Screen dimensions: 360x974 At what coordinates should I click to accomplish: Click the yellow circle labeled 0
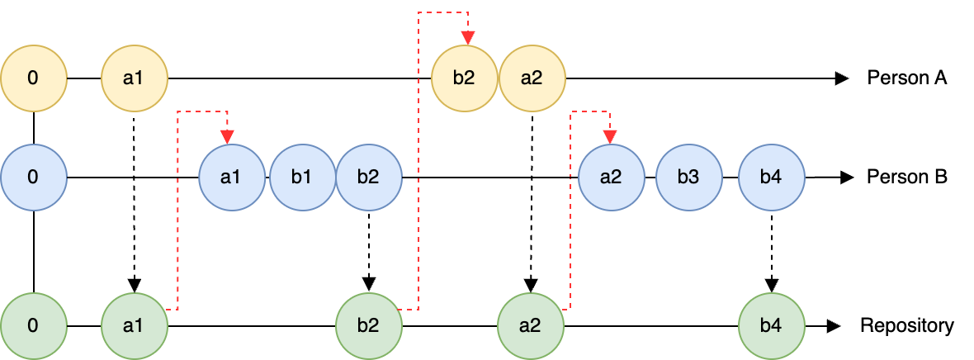(x=33, y=78)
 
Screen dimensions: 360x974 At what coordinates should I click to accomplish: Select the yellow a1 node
(x=134, y=78)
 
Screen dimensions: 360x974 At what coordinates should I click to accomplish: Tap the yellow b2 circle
(x=465, y=78)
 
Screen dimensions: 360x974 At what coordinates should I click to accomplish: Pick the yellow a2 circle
(x=532, y=78)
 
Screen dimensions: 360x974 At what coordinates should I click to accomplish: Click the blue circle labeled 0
(x=33, y=178)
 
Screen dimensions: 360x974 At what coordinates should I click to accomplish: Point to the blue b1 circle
(x=302, y=178)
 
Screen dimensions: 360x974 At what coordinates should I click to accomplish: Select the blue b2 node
(x=368, y=178)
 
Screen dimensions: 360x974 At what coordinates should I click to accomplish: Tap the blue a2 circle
(x=611, y=178)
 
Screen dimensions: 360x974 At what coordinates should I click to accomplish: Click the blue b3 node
(x=689, y=178)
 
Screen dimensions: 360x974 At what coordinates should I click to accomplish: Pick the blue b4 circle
(x=771, y=178)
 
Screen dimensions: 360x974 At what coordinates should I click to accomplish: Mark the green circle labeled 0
(x=33, y=325)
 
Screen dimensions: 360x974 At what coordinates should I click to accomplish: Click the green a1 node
(x=134, y=325)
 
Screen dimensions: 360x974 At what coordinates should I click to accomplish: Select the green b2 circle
(x=368, y=325)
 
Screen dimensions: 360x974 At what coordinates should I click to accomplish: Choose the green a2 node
(x=530, y=325)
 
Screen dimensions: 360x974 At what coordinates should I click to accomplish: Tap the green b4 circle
(x=771, y=325)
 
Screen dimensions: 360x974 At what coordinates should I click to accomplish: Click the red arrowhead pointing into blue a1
(x=227, y=137)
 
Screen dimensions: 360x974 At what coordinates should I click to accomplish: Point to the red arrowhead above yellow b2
(x=468, y=38)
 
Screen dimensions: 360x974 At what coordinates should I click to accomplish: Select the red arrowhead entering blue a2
(x=609, y=137)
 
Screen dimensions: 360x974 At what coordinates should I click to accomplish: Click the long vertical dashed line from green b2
(x=418, y=165)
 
